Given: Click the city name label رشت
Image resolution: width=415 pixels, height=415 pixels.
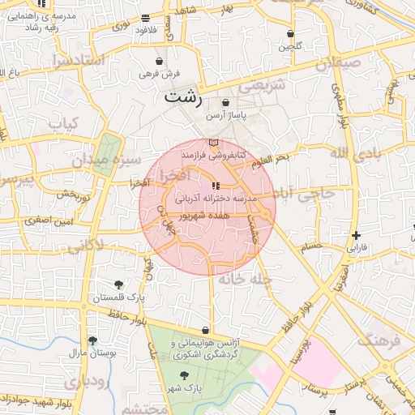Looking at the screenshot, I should (x=182, y=95).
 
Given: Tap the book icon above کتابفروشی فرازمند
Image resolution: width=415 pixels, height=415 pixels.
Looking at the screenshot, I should (x=213, y=143).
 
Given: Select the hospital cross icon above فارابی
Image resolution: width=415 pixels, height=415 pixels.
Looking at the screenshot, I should (x=356, y=236).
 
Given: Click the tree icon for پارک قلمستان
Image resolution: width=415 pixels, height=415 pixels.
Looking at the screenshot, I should (x=119, y=285).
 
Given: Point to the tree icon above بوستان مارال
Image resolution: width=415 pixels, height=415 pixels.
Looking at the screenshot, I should (x=92, y=341).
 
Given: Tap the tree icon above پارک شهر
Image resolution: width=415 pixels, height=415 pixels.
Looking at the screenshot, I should (x=185, y=375).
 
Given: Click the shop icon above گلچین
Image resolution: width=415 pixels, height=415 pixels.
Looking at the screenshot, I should (x=290, y=34).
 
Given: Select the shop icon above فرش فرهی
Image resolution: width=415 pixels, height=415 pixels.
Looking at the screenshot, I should (x=160, y=62).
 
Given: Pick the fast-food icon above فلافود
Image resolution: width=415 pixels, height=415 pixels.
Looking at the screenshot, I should (x=145, y=18).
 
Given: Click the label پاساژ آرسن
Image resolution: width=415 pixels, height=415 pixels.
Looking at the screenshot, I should (x=226, y=116).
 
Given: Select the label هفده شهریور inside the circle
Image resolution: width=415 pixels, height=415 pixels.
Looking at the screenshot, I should (x=219, y=216).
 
